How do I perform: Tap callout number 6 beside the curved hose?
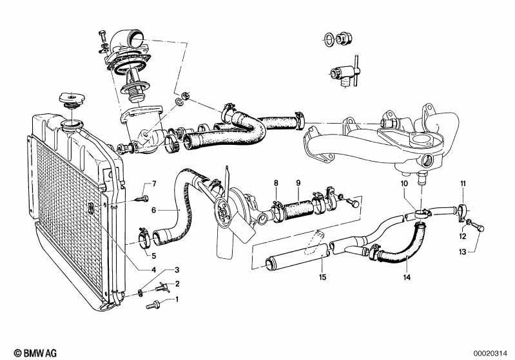[x=154, y=210]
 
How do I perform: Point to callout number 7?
[x=154, y=185]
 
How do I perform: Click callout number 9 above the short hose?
[x=298, y=184]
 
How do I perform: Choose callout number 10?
[x=404, y=184]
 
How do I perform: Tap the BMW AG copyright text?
[x=26, y=352]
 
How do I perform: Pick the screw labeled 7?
[x=142, y=198]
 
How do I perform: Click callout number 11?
[x=463, y=184]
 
